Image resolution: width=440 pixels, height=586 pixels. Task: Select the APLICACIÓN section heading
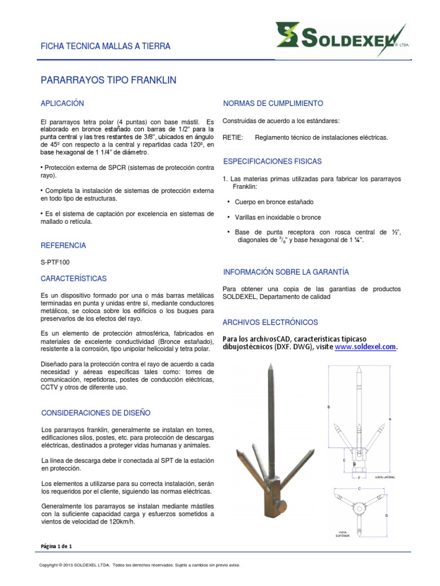point(62,103)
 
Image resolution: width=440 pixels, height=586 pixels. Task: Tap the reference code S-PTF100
point(55,263)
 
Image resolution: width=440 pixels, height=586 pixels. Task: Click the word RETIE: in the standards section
point(232,137)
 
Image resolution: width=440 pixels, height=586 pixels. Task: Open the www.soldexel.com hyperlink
point(365,347)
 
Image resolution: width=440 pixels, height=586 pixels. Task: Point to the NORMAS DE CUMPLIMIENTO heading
point(273,104)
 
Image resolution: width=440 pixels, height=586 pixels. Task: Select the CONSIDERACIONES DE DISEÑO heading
point(96,413)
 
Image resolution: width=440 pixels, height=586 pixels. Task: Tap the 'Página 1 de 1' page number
point(57,546)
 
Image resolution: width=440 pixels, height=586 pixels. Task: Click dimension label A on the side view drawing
point(390,419)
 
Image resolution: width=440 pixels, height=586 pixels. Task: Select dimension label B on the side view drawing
point(328,407)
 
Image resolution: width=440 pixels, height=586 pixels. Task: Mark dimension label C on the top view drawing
point(359,488)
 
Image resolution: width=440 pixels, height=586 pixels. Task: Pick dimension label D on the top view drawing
point(387,515)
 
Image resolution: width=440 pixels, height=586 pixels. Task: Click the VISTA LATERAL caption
point(384,476)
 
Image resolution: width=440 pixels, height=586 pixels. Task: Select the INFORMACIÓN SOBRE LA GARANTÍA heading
point(285,272)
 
